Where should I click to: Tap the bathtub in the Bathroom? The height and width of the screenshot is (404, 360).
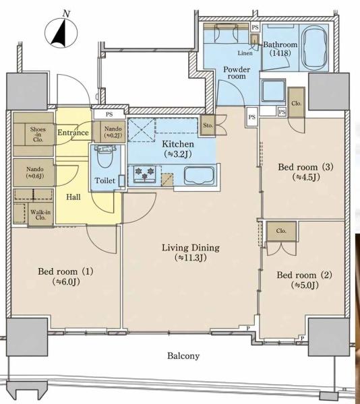tap(314, 47)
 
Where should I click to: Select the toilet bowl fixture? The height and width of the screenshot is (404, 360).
tap(104, 157)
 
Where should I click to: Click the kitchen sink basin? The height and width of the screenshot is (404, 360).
tap(199, 176)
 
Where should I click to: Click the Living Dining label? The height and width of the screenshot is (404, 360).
tap(191, 252)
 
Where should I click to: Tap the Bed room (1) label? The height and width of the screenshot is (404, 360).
tap(65, 276)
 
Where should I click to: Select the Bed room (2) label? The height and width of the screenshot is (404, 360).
tap(304, 280)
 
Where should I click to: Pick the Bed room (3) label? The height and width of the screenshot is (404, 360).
tap(305, 172)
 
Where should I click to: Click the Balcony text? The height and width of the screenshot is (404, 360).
tap(183, 356)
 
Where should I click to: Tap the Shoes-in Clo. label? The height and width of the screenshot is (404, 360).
tap(38, 134)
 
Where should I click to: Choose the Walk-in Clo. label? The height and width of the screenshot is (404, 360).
tap(40, 215)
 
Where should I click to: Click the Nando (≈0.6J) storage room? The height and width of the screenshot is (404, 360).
tap(34, 172)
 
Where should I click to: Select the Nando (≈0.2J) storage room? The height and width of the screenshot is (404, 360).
tap(113, 131)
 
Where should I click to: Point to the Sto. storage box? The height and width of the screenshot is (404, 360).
tap(208, 125)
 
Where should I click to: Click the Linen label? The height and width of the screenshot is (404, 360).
tap(245, 53)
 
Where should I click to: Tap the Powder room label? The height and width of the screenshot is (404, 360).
tap(237, 73)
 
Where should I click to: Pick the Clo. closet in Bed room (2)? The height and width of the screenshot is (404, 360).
tap(281, 231)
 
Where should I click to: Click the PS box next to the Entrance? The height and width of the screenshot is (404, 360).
tap(109, 114)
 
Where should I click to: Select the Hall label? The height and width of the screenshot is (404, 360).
tap(73, 197)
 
